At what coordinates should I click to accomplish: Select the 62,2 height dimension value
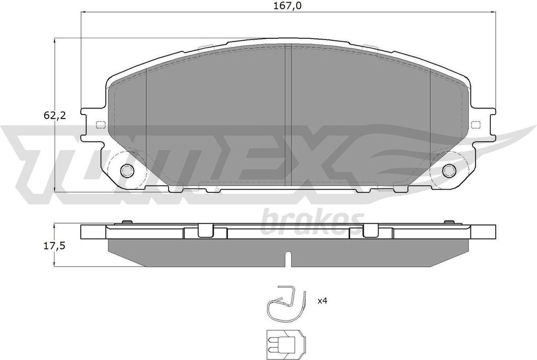(55, 116)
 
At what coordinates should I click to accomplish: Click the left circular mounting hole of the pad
(127, 170)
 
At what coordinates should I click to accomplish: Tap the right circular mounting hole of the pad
(449, 170)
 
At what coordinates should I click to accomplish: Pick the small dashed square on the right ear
(476, 125)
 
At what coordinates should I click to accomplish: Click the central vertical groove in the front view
(288, 115)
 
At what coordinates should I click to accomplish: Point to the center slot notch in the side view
(288, 258)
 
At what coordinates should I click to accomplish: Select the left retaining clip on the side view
(206, 231)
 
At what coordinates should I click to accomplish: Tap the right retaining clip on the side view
(371, 231)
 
